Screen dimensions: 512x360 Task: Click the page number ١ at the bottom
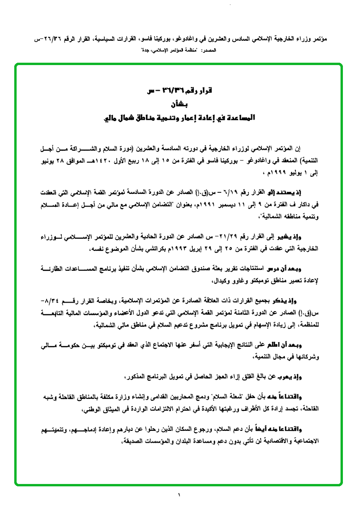tap(180, 496)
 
